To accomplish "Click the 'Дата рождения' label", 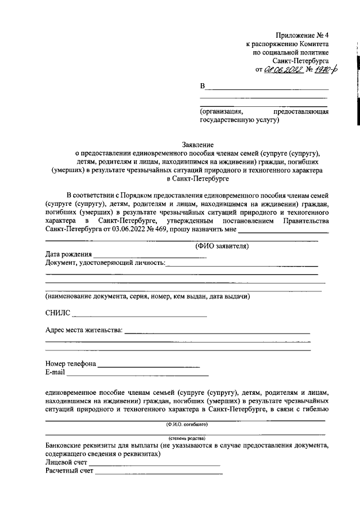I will coord(69,254).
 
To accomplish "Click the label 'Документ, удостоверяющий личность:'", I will coord(105,263).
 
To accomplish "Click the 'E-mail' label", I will coord(55,372).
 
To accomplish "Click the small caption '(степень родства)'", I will coord(187,438).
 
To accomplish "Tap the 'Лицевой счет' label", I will coord(66,462).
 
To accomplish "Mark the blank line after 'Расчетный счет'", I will coord(159,473).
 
